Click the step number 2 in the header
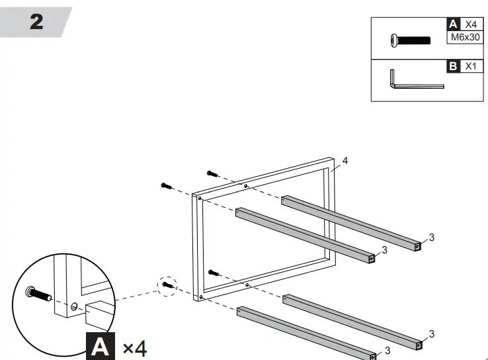[37, 22]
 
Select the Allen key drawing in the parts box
[415, 81]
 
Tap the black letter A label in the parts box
[453, 24]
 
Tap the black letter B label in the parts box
[453, 66]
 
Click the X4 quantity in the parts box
[470, 24]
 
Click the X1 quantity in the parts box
[470, 66]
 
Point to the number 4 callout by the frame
[345, 160]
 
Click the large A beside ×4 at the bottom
[100, 346]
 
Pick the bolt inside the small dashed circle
[167, 285]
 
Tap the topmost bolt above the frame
[212, 173]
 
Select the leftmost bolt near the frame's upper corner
[167, 186]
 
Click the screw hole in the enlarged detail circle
[74, 306]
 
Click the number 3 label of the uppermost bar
[431, 237]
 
